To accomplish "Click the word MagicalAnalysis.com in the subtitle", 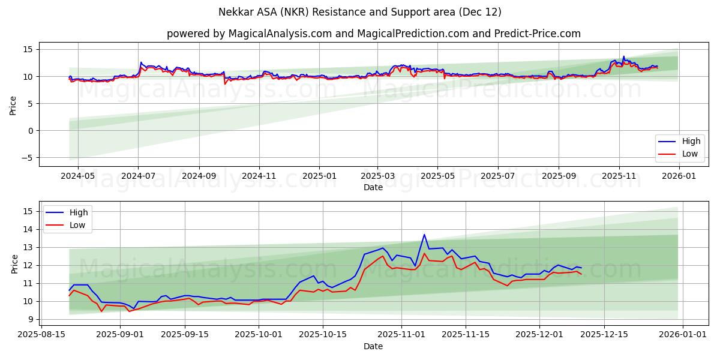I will tap(280, 34).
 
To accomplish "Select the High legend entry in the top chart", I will tap(691, 142).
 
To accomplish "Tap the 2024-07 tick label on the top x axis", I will tap(138, 176).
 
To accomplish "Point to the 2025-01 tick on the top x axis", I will tap(319, 176).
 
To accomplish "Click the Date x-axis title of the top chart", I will tap(373, 187).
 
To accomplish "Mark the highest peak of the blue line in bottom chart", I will tap(424, 235).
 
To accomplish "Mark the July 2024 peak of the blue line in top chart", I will tap(141, 62).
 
